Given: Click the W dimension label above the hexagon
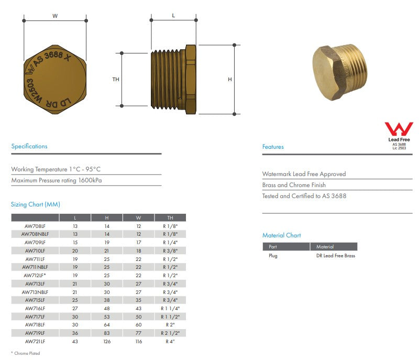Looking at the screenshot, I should click(55, 16).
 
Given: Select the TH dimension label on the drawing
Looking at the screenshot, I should click(116, 80).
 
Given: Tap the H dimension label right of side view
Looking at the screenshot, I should click(229, 80).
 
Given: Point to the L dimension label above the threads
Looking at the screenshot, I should click(173, 16).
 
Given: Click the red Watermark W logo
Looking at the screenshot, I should click(399, 129).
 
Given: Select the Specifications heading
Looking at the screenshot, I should click(29, 146).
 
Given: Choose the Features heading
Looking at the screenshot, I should click(273, 147).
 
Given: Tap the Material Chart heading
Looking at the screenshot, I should click(282, 235).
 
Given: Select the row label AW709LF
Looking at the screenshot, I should click(35, 243).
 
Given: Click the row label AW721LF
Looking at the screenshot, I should click(35, 341).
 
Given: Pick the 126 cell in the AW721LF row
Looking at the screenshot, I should click(107, 341).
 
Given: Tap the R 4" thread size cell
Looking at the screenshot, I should click(170, 341).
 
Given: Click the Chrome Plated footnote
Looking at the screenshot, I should click(26, 353).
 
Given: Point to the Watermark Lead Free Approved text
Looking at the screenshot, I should click(304, 174).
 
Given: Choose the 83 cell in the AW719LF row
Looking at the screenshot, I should click(107, 333).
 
